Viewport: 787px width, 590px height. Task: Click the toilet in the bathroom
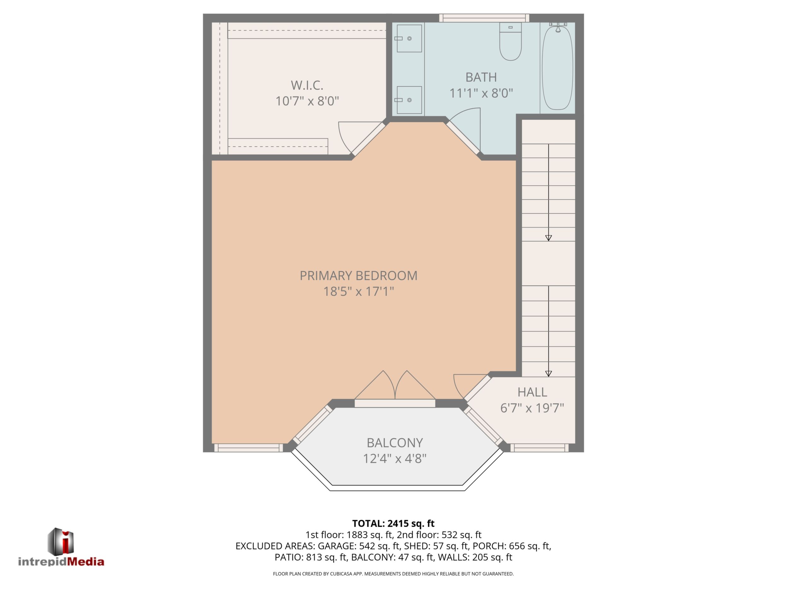[510, 42]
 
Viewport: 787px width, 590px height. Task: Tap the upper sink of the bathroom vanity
[409, 38]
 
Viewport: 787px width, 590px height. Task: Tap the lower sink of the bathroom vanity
[409, 100]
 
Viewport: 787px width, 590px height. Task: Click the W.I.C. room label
[307, 85]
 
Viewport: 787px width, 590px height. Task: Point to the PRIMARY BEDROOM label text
[359, 276]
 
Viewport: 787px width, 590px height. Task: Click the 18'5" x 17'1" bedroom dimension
[359, 292]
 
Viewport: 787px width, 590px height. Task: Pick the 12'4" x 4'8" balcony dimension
[394, 459]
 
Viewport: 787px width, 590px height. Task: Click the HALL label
[532, 392]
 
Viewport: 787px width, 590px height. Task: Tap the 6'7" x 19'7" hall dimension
[532, 408]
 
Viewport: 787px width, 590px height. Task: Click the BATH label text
[481, 77]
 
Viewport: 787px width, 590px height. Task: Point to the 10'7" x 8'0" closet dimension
[307, 101]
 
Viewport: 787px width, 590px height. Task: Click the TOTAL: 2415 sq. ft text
[393, 523]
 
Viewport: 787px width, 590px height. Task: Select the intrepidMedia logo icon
[61, 541]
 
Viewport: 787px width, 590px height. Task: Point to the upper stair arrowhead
[549, 238]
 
